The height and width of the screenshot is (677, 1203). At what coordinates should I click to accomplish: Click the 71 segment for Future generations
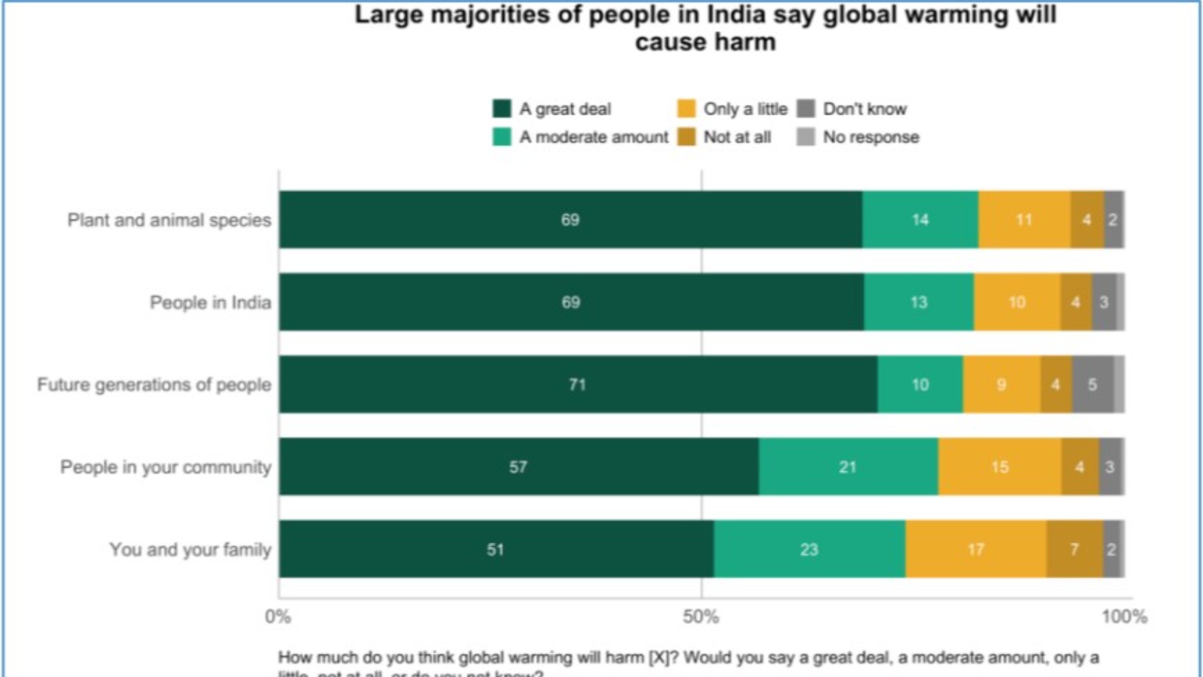[578, 384]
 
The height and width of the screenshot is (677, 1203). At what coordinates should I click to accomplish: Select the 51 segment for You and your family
[496, 549]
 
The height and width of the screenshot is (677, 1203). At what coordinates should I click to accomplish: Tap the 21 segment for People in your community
[848, 467]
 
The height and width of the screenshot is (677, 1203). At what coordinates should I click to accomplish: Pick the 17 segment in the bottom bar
[976, 549]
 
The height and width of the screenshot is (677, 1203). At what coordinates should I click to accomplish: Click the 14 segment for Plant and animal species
[920, 219]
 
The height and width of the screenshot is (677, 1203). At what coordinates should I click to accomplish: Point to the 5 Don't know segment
[1093, 384]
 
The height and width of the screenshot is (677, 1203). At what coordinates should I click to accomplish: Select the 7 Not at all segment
[1074, 549]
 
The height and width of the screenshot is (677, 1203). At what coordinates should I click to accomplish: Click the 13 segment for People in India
[919, 302]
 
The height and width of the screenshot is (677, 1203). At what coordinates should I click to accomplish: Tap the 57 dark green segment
[518, 467]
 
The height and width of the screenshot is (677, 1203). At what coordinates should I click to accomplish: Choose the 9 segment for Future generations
[1001, 384]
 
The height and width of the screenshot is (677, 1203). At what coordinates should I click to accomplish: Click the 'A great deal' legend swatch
[502, 108]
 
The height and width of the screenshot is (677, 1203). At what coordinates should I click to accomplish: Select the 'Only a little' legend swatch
[687, 108]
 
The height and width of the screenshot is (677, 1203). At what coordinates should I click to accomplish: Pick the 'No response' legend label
[871, 137]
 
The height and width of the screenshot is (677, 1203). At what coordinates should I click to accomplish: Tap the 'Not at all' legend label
[737, 137]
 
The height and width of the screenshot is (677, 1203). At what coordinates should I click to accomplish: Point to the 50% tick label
[701, 617]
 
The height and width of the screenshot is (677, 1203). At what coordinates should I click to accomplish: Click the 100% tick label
[1125, 617]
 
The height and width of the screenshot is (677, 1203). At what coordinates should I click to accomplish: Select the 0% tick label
[278, 617]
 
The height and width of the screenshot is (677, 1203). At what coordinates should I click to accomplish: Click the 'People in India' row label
[211, 302]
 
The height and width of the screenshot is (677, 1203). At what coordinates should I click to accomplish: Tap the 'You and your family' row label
[190, 549]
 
